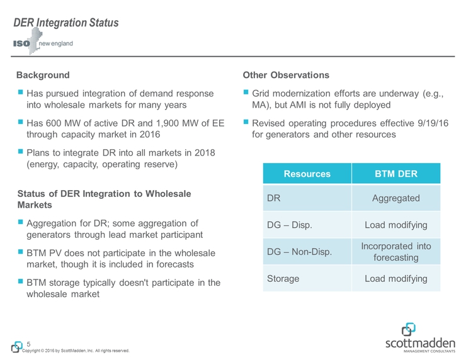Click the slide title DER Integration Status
(x=66, y=23)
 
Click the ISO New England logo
(x=43, y=44)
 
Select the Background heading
(x=43, y=75)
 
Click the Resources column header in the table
(x=307, y=174)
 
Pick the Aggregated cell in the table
(x=395, y=198)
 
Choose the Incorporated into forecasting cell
(x=395, y=252)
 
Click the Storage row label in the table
(x=283, y=278)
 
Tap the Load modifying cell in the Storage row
(x=395, y=278)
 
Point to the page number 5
(x=29, y=344)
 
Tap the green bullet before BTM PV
(x=21, y=252)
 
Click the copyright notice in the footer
(x=76, y=351)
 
